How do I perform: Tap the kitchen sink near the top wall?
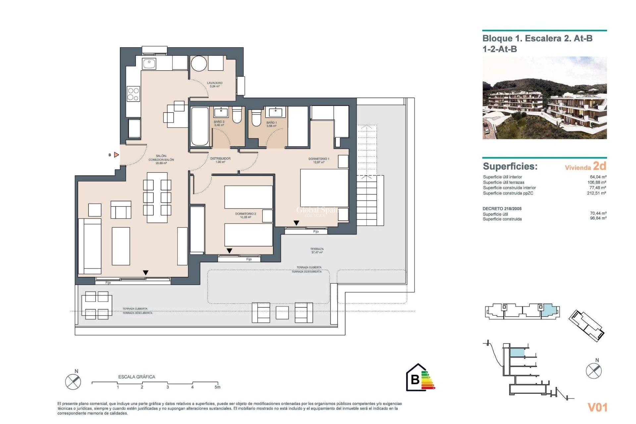point(149,63)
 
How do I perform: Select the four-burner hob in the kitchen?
point(133,94)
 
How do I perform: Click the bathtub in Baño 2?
point(200,126)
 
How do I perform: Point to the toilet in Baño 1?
point(256,118)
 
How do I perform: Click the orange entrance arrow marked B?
point(116,155)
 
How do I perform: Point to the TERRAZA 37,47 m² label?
point(317,250)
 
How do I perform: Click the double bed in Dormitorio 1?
point(324,188)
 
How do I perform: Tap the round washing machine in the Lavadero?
point(199,63)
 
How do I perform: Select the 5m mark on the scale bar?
point(217,387)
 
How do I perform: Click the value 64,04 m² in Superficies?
point(598,177)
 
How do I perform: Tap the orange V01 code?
point(597,407)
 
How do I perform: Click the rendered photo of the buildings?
point(544,98)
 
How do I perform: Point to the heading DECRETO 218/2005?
point(502,209)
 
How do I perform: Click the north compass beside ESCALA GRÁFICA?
point(73,381)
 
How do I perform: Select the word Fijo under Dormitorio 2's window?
point(249,259)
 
